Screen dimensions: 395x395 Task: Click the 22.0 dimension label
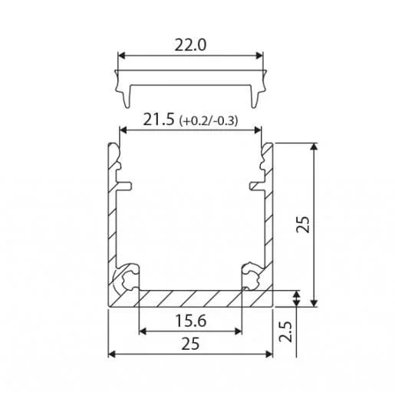pyautogui.click(x=190, y=45)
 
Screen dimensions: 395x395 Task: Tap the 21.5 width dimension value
pyautogui.click(x=159, y=120)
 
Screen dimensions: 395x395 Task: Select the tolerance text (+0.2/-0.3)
pyautogui.click(x=209, y=120)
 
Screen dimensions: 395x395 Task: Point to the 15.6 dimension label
pyautogui.click(x=191, y=321)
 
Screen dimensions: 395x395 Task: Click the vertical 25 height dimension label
pyautogui.click(x=303, y=225)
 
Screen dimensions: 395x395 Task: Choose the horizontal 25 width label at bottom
pyautogui.click(x=190, y=344)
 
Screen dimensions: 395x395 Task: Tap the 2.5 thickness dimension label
pyautogui.click(x=285, y=331)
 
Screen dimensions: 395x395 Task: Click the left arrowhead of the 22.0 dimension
pyautogui.click(x=121, y=55)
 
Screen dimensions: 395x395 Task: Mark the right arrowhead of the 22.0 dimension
pyautogui.click(x=259, y=55)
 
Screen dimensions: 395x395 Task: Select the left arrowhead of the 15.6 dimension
pyautogui.click(x=143, y=331)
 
